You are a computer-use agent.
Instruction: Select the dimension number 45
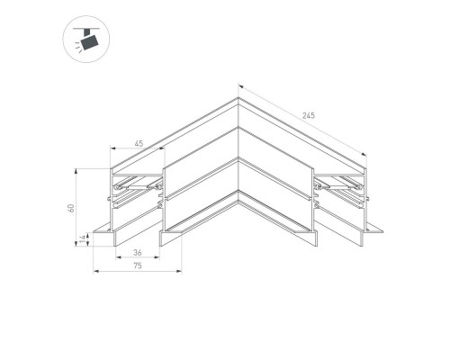click(x=138, y=141)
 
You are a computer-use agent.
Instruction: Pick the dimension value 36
click(x=136, y=254)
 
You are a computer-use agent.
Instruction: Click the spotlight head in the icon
click(x=87, y=42)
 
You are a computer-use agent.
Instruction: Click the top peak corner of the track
click(x=238, y=98)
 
